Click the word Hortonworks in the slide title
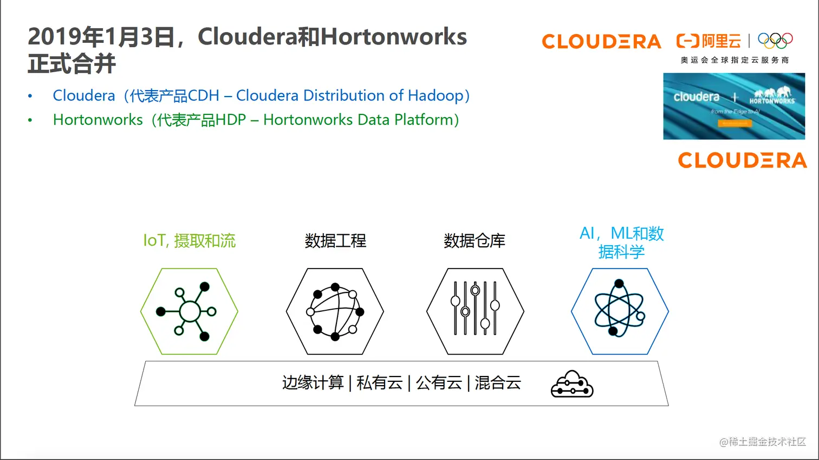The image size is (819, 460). coord(394,37)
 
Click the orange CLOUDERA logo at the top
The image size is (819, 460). coord(601,42)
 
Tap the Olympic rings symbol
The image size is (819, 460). coord(775,41)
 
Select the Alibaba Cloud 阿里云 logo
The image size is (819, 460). coord(709,41)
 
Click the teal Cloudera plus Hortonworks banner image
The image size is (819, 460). coord(734,106)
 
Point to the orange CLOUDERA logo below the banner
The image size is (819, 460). coord(742,161)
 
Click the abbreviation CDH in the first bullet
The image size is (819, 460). coord(204,96)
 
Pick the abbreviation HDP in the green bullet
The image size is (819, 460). coord(231,120)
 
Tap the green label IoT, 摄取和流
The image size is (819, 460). coord(189,241)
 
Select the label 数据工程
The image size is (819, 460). coord(335,241)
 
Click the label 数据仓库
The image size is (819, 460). coord(474,241)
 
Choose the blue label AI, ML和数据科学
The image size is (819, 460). coord(621,242)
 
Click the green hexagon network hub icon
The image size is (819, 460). coord(189,311)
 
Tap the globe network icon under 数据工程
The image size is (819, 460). coord(335,311)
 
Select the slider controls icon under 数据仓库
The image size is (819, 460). coord(475,308)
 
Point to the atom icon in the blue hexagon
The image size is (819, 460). coord(620,308)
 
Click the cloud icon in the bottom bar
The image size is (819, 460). coord(572,384)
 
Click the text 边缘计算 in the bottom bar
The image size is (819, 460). coord(313,383)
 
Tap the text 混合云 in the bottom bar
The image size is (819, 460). coord(498,383)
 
